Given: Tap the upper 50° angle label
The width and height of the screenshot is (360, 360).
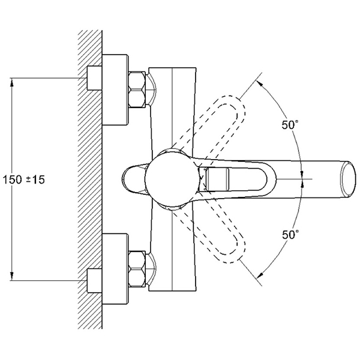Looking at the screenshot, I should pos(290,125).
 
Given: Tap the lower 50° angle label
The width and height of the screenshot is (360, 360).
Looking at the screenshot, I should pos(290,235).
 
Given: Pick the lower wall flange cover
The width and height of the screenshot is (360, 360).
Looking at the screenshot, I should pos(115,269).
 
